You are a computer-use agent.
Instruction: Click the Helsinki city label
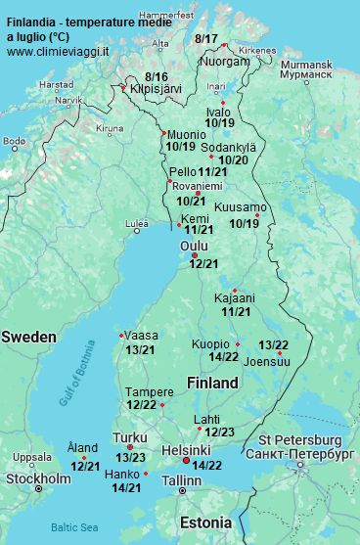click(186, 449)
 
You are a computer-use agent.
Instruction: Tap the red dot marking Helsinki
click(187, 459)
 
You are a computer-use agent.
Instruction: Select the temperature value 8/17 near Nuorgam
click(206, 38)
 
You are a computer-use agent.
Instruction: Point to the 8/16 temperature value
click(156, 76)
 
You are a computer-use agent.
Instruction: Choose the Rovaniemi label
click(197, 186)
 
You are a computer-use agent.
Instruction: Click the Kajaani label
click(235, 297)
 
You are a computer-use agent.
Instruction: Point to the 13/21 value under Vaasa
click(141, 349)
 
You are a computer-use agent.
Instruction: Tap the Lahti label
click(206, 419)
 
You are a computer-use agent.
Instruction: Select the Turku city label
click(130, 437)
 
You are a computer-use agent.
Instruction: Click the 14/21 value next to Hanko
click(127, 487)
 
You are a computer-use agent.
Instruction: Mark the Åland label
click(82, 447)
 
